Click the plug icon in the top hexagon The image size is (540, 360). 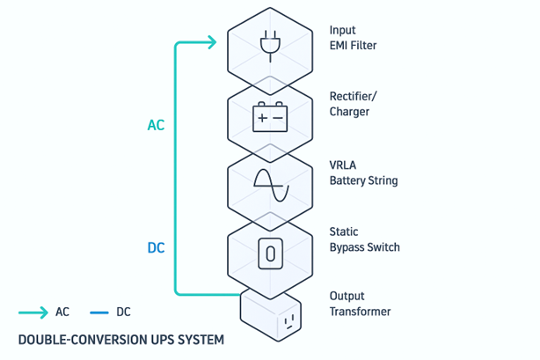(270, 43)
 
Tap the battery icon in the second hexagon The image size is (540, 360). (270, 116)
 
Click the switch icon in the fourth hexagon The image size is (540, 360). (270, 254)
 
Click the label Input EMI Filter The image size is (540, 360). (353, 38)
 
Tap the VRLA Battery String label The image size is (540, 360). (363, 173)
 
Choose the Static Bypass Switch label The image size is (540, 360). (364, 239)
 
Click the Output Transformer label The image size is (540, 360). (360, 304)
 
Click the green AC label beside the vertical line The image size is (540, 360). (156, 126)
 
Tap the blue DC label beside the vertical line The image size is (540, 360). (156, 248)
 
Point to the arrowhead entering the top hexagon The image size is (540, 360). (211, 42)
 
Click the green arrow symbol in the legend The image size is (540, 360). (33, 312)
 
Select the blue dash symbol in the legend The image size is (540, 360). (98, 312)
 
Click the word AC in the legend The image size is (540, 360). (62, 312)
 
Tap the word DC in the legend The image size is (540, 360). (123, 312)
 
